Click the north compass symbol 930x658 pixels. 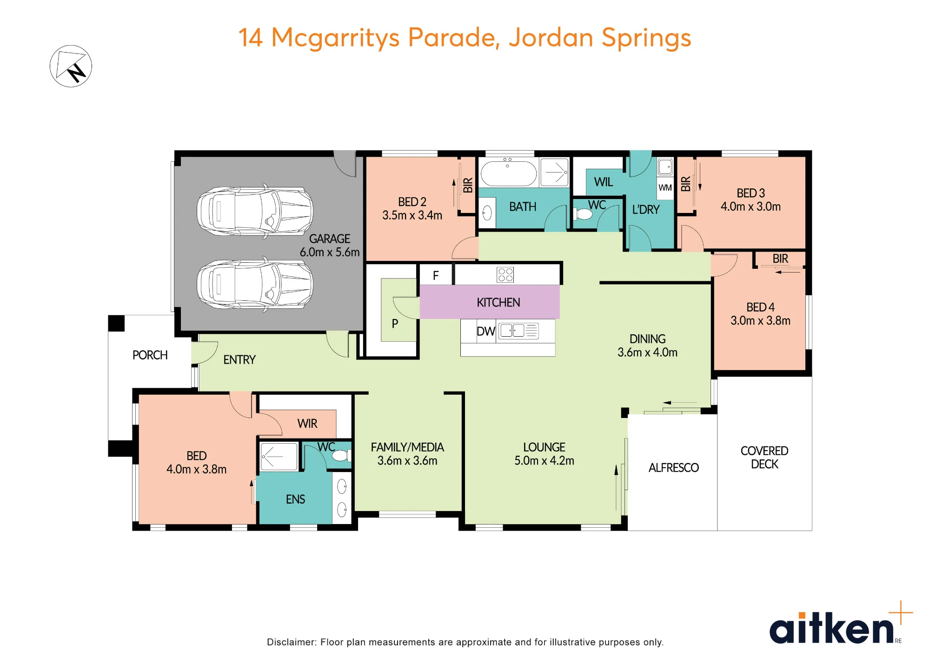71,66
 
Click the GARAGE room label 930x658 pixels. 329,239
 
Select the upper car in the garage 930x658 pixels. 255,212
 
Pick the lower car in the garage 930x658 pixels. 255,284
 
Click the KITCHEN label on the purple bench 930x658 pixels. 498,302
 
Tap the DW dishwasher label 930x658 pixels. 486,331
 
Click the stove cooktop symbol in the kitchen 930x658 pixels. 505,274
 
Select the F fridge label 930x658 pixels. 436,276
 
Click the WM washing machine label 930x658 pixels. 665,187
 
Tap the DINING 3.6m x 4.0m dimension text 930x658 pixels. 647,352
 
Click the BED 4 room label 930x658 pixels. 760,307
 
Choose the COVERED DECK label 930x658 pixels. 764,457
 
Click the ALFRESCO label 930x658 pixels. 673,467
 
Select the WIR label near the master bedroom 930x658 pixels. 307,423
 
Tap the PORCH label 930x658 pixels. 150,355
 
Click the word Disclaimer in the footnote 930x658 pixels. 292,642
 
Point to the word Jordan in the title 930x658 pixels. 551,37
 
